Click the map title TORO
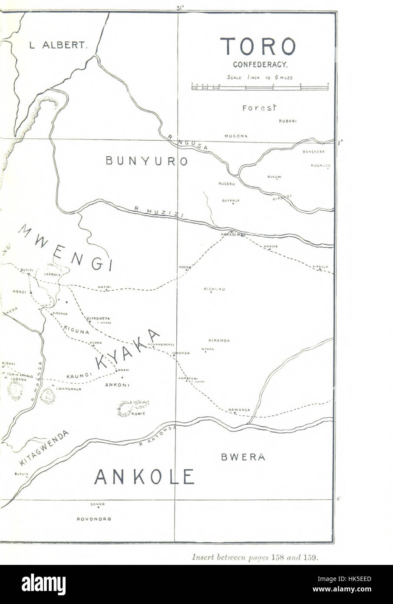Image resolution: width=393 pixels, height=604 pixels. [258, 46]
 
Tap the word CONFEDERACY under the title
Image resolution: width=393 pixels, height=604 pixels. [259, 65]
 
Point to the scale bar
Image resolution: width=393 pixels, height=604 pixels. [260, 87]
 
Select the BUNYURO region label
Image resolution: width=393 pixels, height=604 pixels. [146, 161]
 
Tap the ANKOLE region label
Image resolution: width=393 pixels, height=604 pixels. [144, 477]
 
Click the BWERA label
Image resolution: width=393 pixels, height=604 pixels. [243, 457]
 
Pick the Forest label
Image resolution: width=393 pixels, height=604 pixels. [259, 108]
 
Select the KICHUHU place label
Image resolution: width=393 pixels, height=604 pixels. [214, 289]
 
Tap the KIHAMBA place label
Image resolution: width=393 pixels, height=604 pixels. [219, 340]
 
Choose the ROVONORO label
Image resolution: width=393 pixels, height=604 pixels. [94, 519]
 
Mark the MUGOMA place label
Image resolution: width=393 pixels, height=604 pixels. [236, 136]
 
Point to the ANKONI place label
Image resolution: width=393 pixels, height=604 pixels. [117, 385]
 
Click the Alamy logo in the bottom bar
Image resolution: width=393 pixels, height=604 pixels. [43, 584]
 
